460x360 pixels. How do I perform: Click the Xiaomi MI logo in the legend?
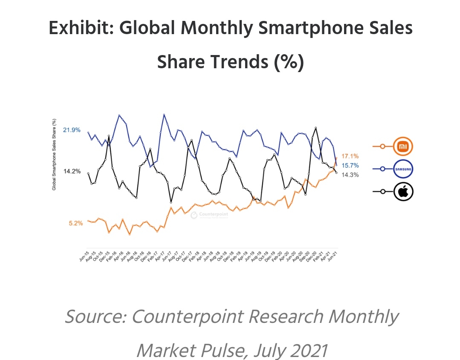click(x=403, y=147)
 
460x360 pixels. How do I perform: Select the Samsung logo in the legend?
click(x=403, y=169)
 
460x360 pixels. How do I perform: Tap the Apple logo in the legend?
click(x=403, y=192)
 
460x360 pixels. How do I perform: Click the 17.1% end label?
click(x=350, y=156)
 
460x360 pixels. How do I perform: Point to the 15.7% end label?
click(x=350, y=165)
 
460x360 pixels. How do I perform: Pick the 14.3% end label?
click(x=350, y=174)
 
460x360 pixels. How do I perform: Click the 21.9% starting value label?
click(x=72, y=130)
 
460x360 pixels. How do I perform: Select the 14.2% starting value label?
click(x=72, y=171)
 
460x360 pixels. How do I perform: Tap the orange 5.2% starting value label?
click(x=75, y=223)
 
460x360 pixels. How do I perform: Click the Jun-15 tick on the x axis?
click(x=84, y=256)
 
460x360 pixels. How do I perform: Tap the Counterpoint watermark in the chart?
click(x=209, y=215)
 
